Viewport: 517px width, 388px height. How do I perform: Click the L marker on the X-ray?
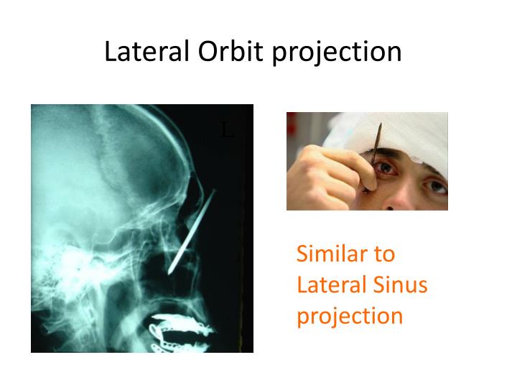(x=227, y=131)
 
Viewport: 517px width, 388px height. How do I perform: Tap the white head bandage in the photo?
(x=416, y=133)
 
